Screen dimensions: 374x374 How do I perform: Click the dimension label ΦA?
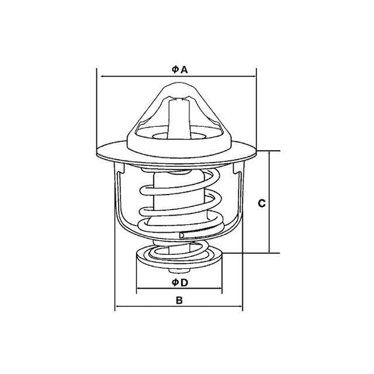(179, 70)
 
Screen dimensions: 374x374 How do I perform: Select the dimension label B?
(179, 300)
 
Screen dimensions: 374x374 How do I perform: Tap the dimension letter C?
(262, 203)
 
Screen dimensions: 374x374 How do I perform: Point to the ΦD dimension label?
(180, 283)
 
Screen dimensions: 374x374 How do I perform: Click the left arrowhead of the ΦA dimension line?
(103, 77)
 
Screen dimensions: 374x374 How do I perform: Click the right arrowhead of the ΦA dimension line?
(254, 77)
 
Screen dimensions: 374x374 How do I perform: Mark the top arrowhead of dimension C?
(269, 153)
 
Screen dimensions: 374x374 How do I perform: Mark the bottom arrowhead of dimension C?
(269, 251)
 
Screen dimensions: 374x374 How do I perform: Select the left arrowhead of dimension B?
(117, 306)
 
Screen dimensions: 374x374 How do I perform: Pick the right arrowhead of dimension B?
(240, 306)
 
